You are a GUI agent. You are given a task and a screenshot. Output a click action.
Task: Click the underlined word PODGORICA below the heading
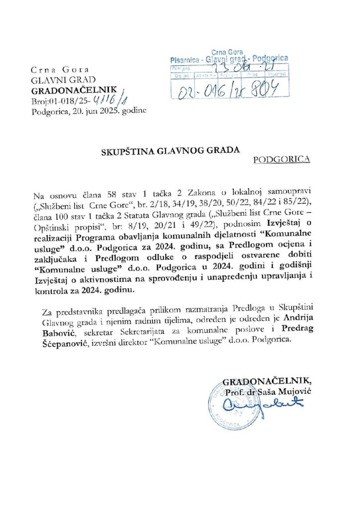click(x=281, y=160)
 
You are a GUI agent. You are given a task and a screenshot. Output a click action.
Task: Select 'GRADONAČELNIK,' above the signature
click(x=268, y=382)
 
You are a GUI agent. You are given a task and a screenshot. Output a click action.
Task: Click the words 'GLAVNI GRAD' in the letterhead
click(x=56, y=81)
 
